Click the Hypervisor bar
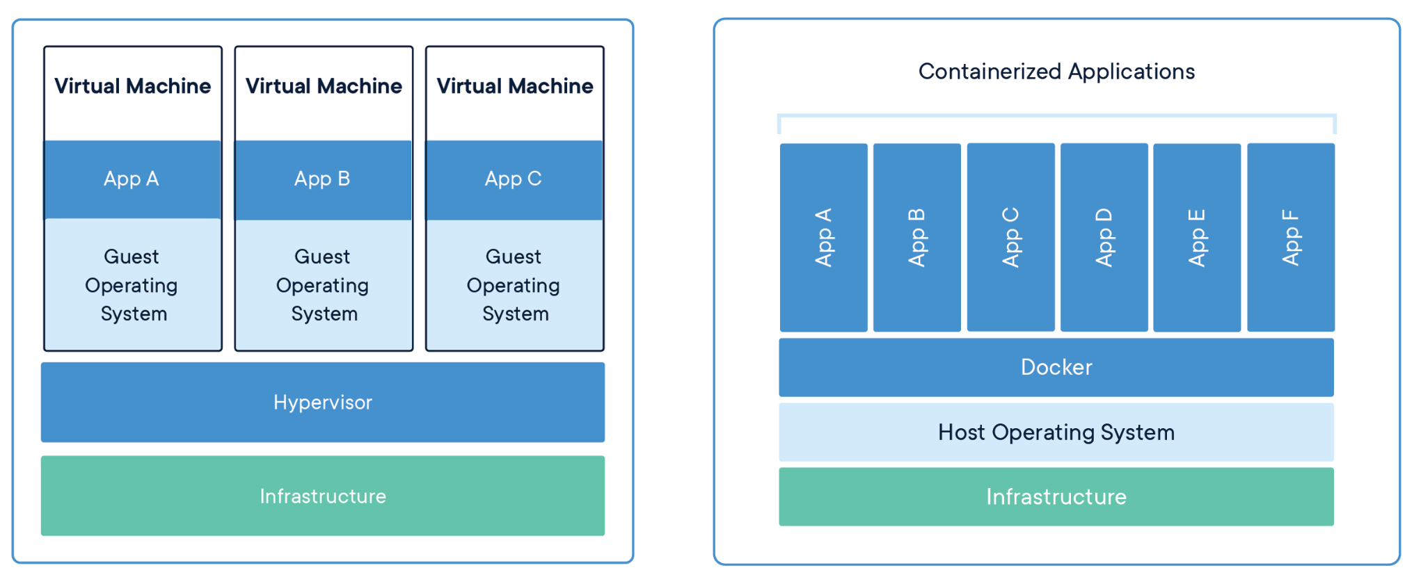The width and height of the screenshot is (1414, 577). tap(322, 402)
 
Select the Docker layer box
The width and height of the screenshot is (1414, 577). tap(1056, 367)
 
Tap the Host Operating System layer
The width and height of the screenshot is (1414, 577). tap(1056, 432)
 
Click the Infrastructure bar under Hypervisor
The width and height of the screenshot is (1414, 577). tap(322, 496)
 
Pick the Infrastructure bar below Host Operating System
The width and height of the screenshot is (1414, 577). tap(1056, 496)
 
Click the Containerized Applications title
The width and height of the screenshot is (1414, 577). tap(1056, 72)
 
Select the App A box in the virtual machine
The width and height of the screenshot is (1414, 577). tap(132, 179)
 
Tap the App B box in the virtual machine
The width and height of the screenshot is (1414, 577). tap(323, 179)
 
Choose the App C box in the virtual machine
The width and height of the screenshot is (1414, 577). tap(514, 179)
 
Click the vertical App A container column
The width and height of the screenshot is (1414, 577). tap(823, 237)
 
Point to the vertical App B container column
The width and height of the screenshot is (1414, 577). tap(916, 237)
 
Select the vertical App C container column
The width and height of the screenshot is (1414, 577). tap(1010, 237)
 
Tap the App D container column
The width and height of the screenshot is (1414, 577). tap(1104, 237)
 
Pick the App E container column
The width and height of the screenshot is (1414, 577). tap(1197, 237)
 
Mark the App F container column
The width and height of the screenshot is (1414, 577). tap(1290, 237)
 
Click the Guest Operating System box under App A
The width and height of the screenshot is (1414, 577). tap(132, 285)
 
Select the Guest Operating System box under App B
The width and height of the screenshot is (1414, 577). tap(323, 285)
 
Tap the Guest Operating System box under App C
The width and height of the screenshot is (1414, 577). tap(514, 285)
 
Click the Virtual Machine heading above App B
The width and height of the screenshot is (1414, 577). tap(324, 86)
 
